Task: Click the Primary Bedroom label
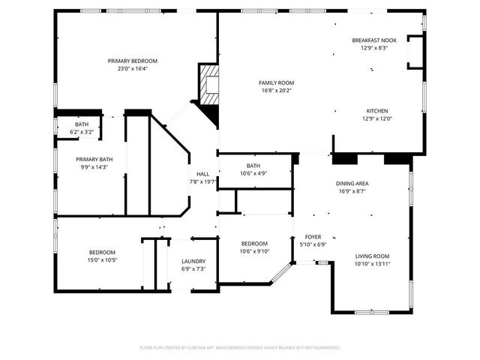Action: click(x=132, y=61)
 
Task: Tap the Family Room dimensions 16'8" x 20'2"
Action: click(x=276, y=91)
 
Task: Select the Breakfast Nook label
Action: click(x=373, y=40)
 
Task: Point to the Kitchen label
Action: click(x=376, y=111)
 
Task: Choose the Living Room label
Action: click(x=372, y=256)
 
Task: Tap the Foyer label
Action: click(x=313, y=236)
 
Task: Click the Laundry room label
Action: click(x=193, y=261)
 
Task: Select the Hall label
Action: click(x=202, y=173)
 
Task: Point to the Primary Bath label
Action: click(x=94, y=159)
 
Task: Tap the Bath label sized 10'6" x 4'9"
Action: click(x=253, y=166)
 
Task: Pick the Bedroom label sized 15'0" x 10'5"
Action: click(x=102, y=252)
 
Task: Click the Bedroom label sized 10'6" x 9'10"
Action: click(x=254, y=244)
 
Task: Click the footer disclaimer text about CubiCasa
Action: click(x=240, y=347)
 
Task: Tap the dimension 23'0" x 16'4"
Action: click(x=132, y=68)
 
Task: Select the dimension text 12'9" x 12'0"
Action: click(x=376, y=118)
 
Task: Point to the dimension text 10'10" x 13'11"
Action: click(x=372, y=263)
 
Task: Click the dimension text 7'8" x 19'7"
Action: click(x=202, y=181)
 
